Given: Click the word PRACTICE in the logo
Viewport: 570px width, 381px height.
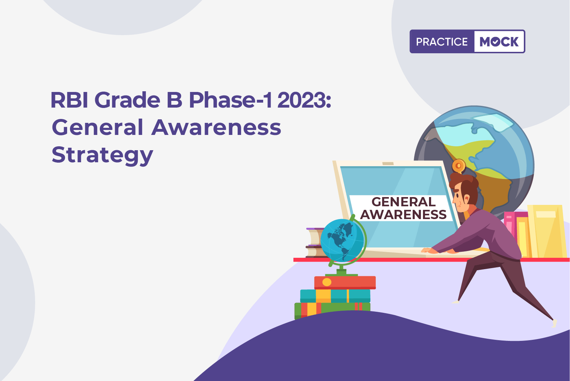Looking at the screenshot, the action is pos(442,42).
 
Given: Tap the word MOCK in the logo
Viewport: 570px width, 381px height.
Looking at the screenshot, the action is pos(499,42).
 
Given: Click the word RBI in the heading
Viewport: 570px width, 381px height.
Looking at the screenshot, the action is pos(70,100).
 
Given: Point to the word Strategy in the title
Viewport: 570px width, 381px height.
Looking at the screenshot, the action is pos(102,155).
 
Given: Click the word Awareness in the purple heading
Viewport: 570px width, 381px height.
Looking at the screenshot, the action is pos(216,127).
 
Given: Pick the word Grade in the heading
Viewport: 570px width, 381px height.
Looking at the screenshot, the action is pos(127,100).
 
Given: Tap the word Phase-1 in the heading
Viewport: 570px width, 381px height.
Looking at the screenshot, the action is pos(230,100).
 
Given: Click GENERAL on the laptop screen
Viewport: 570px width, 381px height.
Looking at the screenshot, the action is pos(403,202).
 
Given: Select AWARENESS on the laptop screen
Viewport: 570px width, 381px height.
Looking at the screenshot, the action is pos(403,214).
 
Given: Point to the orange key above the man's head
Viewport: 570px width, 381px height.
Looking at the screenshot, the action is pos(458,166).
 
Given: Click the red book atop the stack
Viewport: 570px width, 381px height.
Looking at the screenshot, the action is pos(345,283).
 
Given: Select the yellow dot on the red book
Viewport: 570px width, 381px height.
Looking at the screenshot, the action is pos(327,282).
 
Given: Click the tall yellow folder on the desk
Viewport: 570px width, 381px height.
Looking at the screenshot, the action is pos(547,231).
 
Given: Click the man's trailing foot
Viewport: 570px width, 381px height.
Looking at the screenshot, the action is pos(554,323).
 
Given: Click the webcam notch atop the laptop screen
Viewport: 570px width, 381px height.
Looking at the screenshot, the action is pos(388,164).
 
